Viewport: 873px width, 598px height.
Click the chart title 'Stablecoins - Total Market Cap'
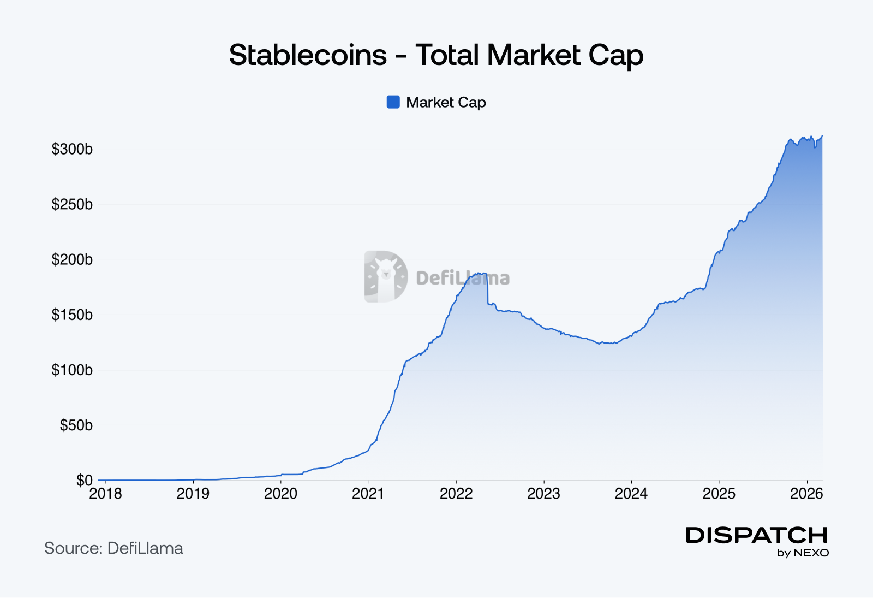coord(436,55)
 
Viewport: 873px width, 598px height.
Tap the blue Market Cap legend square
coord(393,102)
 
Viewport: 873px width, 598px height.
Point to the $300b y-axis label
coord(72,149)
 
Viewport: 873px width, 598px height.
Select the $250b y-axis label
coord(72,204)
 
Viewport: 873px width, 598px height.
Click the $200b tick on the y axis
coord(72,259)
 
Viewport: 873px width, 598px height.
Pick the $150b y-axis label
coord(72,315)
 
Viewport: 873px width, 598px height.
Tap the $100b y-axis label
coord(72,370)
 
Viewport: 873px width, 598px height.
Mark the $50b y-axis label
coord(76,425)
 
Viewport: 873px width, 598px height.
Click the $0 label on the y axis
coord(84,481)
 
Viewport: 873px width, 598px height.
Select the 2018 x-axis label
coord(105,494)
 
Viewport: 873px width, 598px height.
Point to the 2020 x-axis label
coord(280,494)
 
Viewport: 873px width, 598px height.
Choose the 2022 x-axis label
coord(456,494)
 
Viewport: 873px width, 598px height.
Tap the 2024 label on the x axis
coord(631,494)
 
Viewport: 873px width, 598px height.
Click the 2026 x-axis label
coord(806,494)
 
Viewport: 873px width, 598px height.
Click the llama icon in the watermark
coord(386,276)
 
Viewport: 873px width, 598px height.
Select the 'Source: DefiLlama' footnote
coord(113,548)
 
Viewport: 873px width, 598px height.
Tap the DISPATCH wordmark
coord(757,535)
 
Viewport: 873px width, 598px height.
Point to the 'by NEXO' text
coord(803,553)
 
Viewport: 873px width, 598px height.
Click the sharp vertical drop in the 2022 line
coord(487,289)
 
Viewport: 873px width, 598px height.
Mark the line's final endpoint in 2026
coord(822,136)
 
